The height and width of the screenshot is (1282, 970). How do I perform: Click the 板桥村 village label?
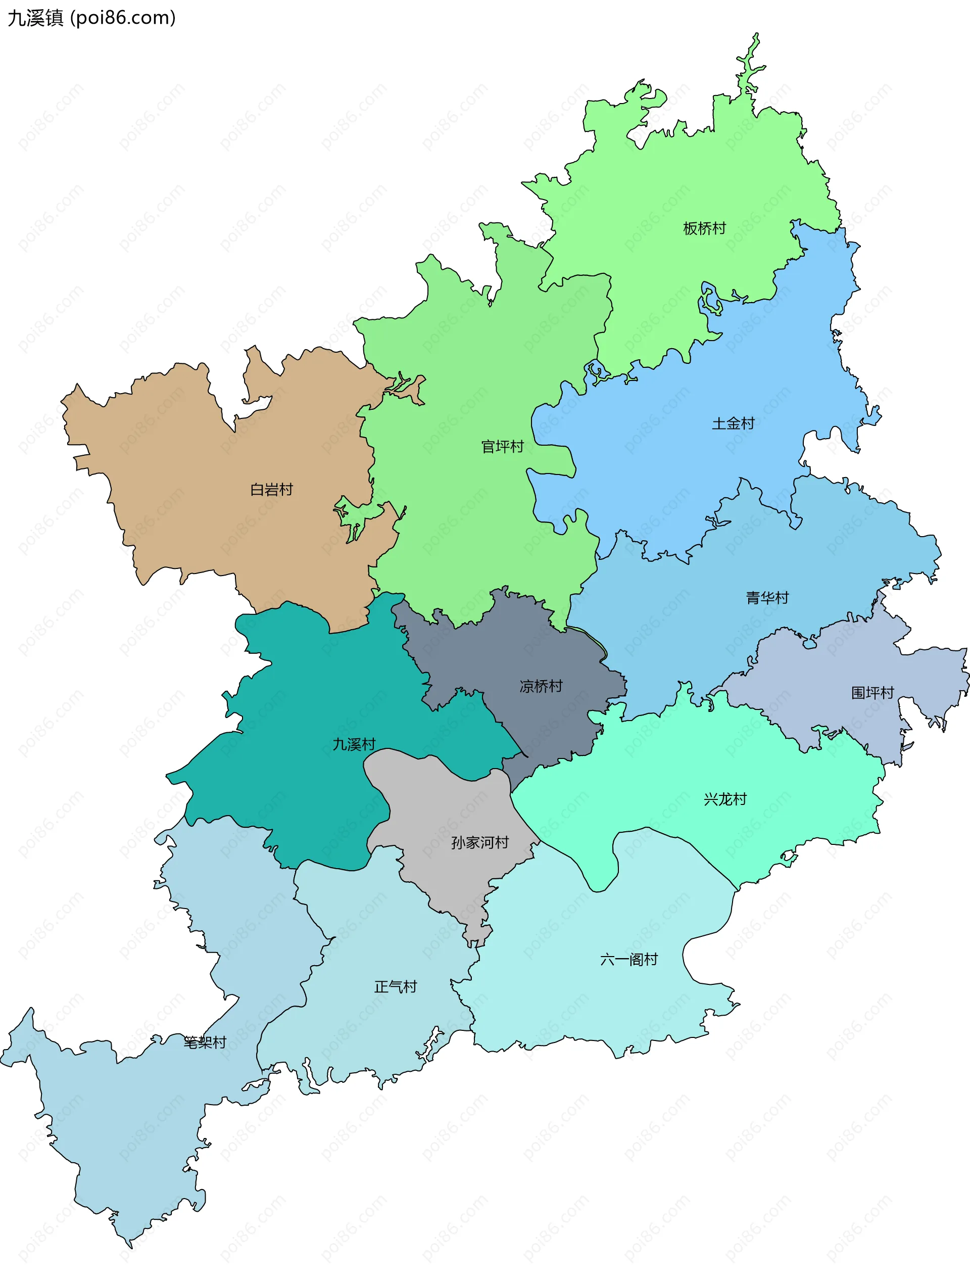pos(704,228)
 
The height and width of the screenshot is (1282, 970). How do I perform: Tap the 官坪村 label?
pos(502,446)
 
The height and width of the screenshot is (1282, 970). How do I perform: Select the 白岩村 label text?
pos(271,490)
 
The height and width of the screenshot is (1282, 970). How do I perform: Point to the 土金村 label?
pos(733,423)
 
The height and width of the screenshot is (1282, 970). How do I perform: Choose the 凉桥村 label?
pos(541,686)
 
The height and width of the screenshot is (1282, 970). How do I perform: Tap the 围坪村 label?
pos(872,693)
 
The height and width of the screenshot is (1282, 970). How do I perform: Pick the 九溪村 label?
pos(354,744)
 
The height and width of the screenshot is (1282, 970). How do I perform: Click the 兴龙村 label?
pos(725,799)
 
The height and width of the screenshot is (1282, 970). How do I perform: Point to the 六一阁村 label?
pos(628,959)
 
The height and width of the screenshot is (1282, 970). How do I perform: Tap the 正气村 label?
pos(395,986)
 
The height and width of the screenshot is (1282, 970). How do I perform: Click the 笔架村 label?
pos(205,1042)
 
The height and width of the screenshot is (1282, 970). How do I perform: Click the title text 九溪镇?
pos(35,18)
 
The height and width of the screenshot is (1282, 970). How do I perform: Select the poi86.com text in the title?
pos(123,18)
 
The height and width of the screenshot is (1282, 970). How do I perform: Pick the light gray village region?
pos(446,812)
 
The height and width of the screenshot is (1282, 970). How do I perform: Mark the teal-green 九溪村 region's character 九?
pos(339,744)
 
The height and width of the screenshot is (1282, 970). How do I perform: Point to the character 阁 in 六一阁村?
pos(636,959)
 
